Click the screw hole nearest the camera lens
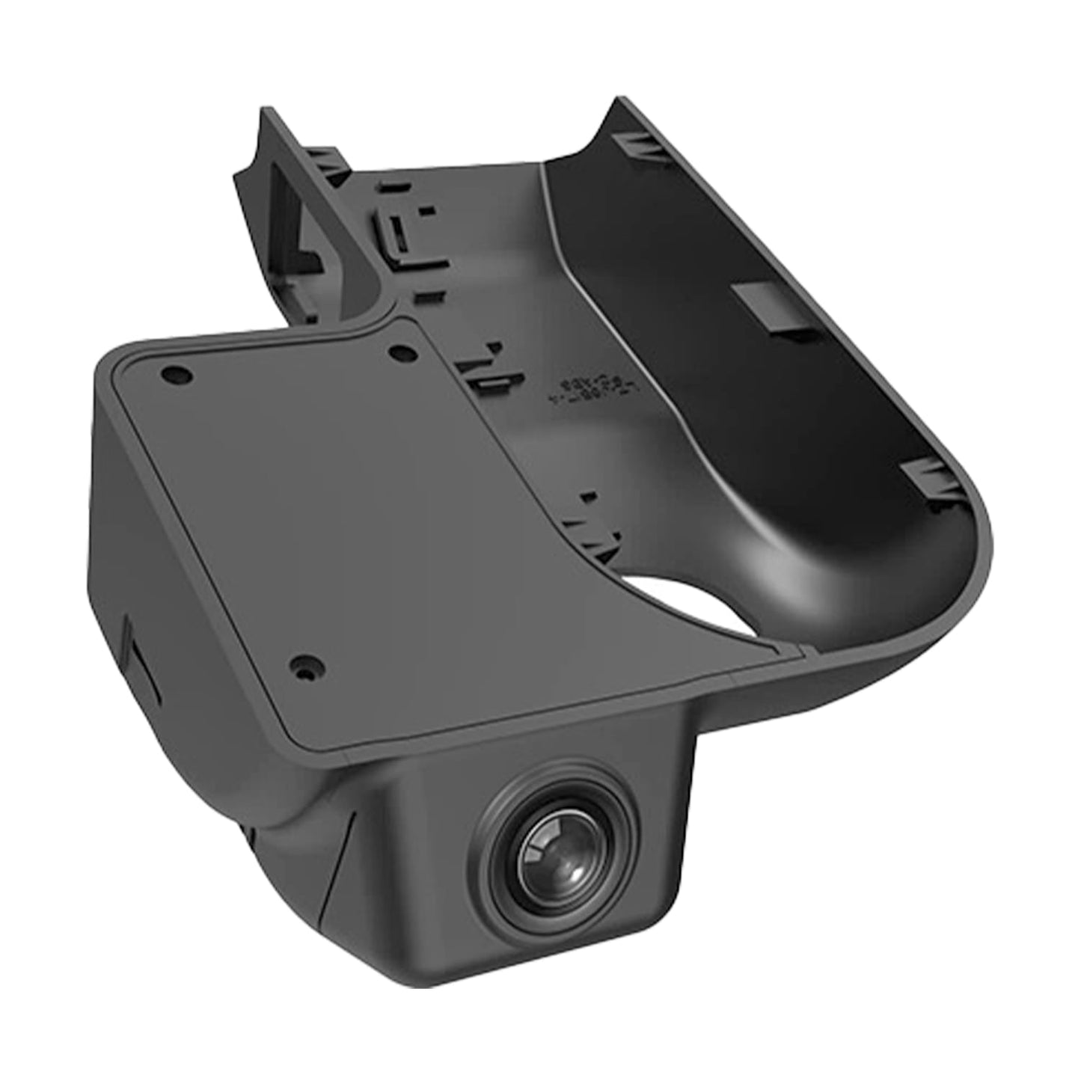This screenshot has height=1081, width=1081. pyautogui.click(x=303, y=663)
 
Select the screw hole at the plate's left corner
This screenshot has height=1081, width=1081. pyautogui.click(x=177, y=372)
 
